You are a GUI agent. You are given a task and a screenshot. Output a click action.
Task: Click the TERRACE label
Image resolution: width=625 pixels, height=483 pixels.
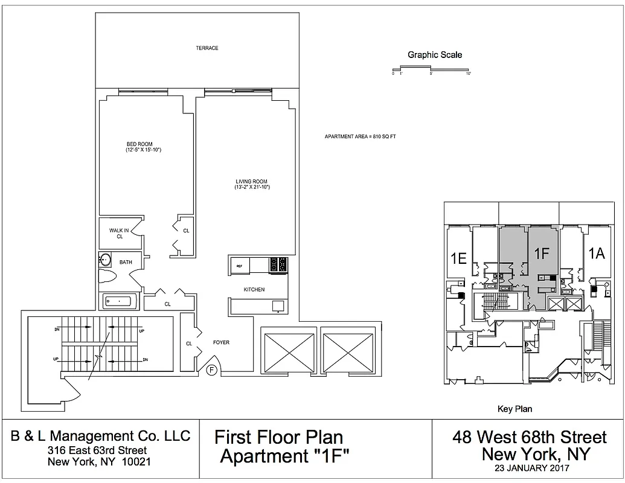point(207,48)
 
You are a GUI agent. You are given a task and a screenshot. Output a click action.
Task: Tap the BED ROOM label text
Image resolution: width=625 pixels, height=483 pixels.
point(139,144)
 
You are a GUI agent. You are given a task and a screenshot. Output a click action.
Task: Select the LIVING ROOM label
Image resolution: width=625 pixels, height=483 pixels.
point(251,182)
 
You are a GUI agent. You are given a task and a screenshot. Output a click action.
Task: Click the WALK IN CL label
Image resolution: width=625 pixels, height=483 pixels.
point(119,233)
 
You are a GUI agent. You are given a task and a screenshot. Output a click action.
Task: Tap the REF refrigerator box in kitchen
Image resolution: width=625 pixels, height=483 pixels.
point(240,266)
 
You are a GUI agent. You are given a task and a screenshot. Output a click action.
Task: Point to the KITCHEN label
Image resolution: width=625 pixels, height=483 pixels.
point(254,290)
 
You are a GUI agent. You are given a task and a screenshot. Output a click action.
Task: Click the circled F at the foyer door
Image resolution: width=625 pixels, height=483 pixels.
point(212,370)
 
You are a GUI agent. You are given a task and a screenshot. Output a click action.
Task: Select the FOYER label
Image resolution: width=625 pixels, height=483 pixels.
point(222,343)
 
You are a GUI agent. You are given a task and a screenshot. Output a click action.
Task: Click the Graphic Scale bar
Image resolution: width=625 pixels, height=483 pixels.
point(431,71)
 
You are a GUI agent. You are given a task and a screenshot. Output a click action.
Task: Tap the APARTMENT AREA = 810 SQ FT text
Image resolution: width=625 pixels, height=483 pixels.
point(360,137)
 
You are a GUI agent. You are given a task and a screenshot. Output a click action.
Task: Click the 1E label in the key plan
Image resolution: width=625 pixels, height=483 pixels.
point(458,258)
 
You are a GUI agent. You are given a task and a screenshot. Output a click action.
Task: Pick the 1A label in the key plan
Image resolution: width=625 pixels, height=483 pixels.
point(596,254)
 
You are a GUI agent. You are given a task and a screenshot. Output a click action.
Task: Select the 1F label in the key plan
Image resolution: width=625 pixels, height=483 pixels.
point(542,254)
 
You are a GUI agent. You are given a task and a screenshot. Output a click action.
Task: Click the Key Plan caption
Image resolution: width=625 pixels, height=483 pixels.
point(514,409)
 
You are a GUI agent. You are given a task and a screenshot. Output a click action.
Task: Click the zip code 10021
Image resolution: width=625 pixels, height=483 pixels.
point(137,461)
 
